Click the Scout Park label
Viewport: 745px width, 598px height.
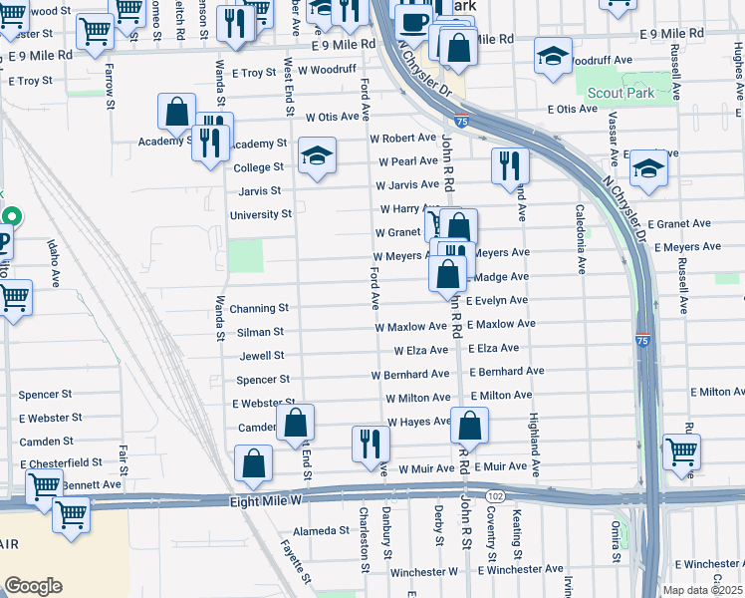621,93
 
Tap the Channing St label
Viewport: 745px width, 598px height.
259,309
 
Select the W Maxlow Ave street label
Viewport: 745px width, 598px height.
410,327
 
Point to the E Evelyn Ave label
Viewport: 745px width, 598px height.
496,300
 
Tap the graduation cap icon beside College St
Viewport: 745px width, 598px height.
317,155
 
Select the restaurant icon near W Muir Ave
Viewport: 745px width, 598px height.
370,445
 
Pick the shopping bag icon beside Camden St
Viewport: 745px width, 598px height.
296,423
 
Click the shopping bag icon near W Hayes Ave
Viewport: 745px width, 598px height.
469,426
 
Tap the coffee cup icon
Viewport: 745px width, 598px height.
413,22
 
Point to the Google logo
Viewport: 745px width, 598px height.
33,586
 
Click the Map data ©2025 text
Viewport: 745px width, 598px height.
693,590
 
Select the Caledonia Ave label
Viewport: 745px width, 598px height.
580,239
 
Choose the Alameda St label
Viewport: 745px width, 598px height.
315,531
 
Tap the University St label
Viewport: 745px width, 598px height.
261,214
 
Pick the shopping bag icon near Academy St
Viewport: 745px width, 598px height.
176,113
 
